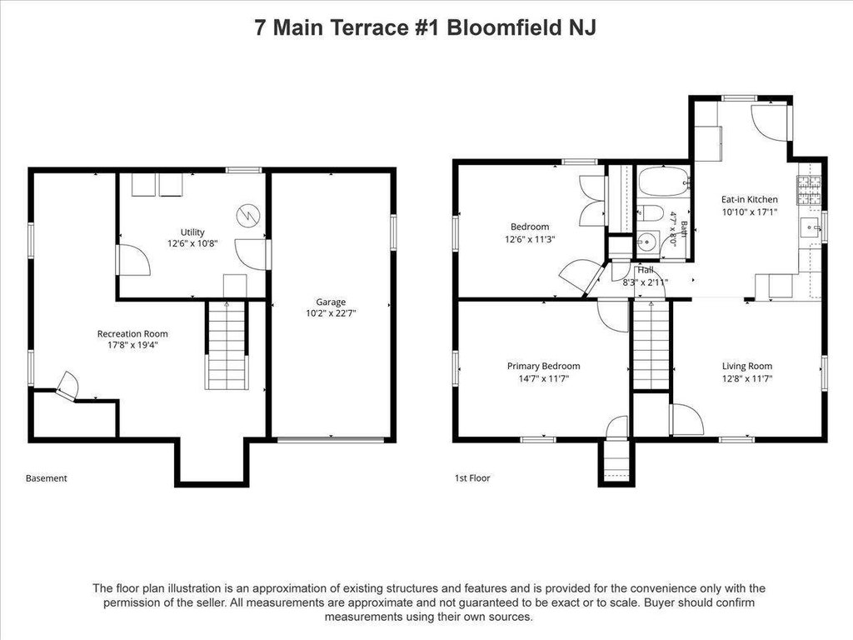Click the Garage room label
click(331, 302)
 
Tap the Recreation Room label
click(132, 333)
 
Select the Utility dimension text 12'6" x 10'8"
click(192, 243)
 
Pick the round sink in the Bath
click(648, 242)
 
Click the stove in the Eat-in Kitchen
click(809, 191)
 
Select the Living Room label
click(747, 367)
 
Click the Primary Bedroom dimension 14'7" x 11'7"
click(543, 379)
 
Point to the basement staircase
click(227, 345)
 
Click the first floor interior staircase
click(651, 345)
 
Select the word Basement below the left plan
click(47, 478)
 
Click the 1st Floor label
click(472, 478)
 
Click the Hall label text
click(646, 270)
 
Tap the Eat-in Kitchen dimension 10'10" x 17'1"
click(750, 212)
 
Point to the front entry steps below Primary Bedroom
click(617, 461)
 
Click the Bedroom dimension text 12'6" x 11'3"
click(530, 239)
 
